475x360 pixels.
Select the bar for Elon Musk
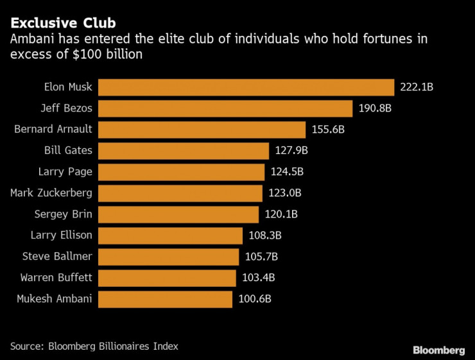[x=246, y=87]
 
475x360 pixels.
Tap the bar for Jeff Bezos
[x=225, y=108]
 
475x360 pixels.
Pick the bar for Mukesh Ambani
[x=165, y=299]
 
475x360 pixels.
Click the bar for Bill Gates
[x=184, y=151]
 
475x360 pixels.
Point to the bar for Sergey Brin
[x=178, y=214]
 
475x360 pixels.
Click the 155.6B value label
[x=328, y=130]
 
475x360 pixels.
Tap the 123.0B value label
[x=284, y=193]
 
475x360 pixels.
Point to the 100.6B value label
[x=255, y=299]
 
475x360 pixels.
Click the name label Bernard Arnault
[x=53, y=129]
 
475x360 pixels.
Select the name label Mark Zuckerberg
[x=51, y=193]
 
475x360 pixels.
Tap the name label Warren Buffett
[x=56, y=277]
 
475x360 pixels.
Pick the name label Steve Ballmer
[x=57, y=256]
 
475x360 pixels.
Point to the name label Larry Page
[x=66, y=171]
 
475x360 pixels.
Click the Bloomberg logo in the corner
[x=438, y=350]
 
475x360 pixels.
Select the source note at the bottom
[x=94, y=346]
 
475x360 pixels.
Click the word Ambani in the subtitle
[x=30, y=40]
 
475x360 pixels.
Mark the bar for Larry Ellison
[x=170, y=236]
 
